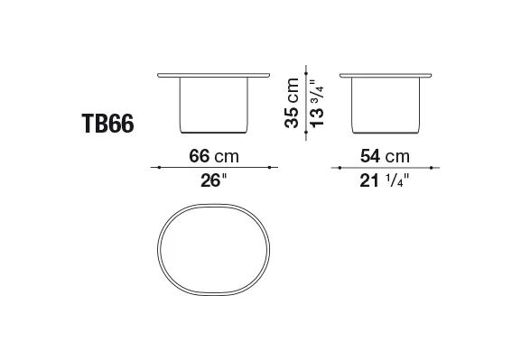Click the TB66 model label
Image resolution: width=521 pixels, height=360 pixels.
click(x=107, y=124)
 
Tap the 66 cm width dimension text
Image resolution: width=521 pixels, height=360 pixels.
click(x=214, y=156)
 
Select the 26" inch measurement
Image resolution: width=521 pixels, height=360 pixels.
click(x=213, y=180)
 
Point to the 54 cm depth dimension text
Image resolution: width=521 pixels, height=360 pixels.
click(x=385, y=156)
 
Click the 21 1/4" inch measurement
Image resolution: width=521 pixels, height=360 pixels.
click(x=384, y=181)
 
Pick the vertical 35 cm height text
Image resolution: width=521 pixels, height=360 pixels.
click(x=292, y=103)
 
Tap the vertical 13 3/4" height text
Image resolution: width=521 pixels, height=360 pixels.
click(x=317, y=103)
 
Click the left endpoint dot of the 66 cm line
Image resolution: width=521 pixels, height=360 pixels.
click(x=159, y=168)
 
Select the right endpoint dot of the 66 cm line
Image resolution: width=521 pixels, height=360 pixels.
click(x=269, y=168)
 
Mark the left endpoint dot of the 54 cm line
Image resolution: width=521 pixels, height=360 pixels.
click(x=340, y=168)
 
